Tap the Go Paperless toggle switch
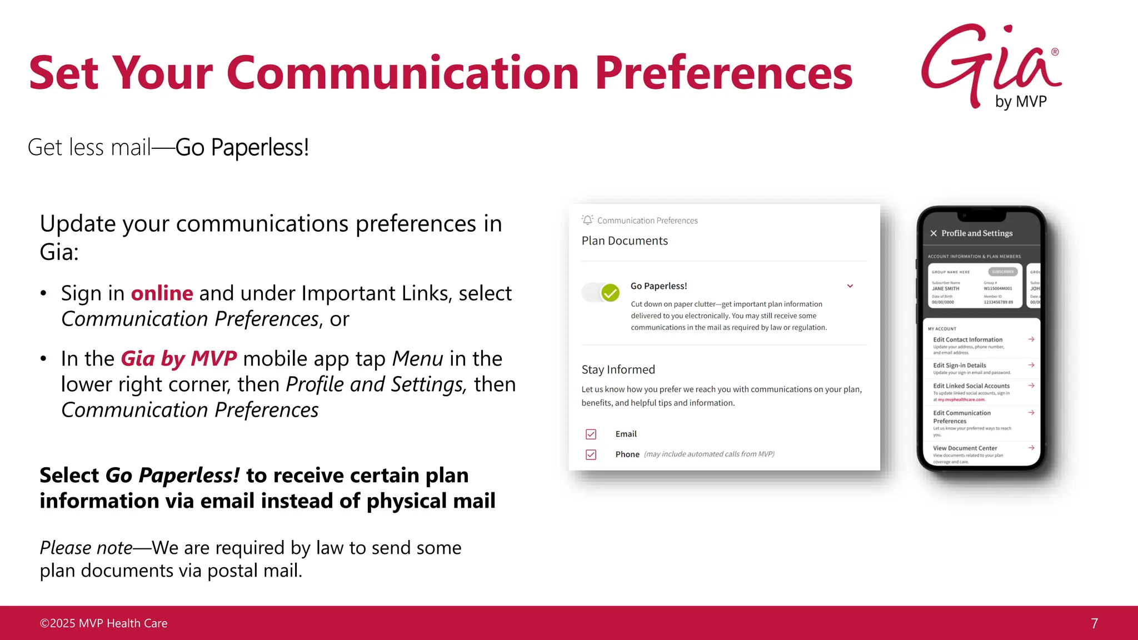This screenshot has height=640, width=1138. [601, 292]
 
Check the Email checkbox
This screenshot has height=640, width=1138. [591, 434]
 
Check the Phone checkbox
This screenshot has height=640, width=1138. [591, 454]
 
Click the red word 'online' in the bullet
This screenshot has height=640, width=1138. [162, 293]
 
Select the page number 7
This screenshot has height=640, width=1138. [1094, 623]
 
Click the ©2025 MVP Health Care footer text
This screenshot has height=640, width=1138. [103, 623]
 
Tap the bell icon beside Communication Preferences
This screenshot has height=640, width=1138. [587, 220]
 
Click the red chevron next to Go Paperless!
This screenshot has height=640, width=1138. [850, 286]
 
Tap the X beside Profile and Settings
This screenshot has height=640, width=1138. [934, 233]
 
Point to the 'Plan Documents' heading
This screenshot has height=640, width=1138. [625, 241]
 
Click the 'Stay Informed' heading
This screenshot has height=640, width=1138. [618, 370]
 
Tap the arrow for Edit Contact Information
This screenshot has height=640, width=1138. [1031, 339]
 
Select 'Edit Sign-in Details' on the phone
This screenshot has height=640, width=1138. [960, 366]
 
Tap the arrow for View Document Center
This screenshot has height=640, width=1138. [1031, 448]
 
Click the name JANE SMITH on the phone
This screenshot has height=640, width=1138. [946, 289]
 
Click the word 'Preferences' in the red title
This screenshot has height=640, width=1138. [723, 73]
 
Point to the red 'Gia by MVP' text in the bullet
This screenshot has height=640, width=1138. [179, 359]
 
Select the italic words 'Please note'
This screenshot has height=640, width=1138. [86, 548]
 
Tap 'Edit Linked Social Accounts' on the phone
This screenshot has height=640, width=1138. [971, 386]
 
